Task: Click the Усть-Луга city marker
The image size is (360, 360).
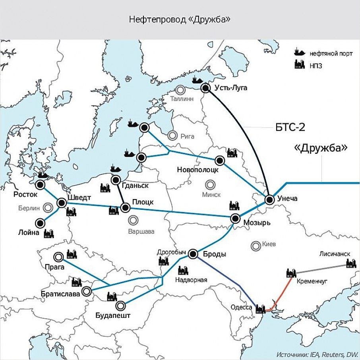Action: point(206,88)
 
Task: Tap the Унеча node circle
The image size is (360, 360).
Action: point(270,200)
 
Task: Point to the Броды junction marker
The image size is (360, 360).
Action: point(193,254)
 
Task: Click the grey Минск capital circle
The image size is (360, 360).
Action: point(209,184)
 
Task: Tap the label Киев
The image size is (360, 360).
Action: point(269,244)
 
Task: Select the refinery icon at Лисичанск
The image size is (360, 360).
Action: point(351,263)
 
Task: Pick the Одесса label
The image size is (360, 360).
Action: point(241,307)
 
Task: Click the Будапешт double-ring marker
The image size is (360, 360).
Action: point(120,306)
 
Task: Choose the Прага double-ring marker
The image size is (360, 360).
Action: point(59,257)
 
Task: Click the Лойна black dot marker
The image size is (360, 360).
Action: point(40,223)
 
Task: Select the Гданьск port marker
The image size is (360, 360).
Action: point(116,180)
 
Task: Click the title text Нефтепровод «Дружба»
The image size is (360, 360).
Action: point(180,19)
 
